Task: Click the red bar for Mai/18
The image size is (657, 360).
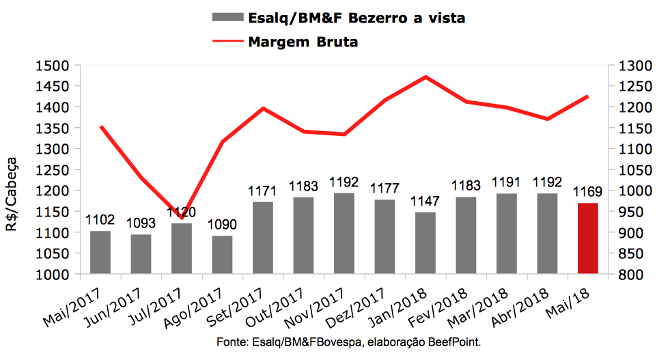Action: (x=587, y=238)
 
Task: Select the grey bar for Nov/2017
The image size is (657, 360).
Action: (x=344, y=233)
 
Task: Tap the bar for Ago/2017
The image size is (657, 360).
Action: (x=222, y=255)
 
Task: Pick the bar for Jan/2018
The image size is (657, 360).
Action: (x=425, y=243)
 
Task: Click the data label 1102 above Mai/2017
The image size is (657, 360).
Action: (x=100, y=221)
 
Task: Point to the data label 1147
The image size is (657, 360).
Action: (x=425, y=202)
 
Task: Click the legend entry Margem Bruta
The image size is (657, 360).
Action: (x=303, y=42)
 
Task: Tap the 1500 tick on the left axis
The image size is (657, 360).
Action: (x=57, y=66)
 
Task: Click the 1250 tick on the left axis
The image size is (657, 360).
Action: (x=57, y=169)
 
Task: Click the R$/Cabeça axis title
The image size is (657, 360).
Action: (x=14, y=197)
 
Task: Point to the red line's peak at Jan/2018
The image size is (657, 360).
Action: (x=425, y=77)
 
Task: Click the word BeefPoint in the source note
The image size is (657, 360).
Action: (x=456, y=341)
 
